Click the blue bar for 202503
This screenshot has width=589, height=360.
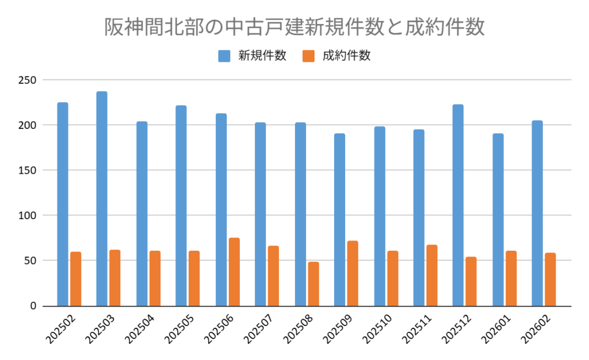(102, 198)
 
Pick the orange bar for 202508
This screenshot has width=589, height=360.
(313, 284)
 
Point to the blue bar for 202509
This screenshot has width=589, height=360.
(339, 220)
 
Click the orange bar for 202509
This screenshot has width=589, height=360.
(353, 273)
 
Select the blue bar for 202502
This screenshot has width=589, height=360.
(63, 204)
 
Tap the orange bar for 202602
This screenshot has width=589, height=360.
(550, 279)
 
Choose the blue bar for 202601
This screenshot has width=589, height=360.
(498, 220)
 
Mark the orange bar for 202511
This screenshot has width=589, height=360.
(432, 275)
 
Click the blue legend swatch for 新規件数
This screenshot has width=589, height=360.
(224, 56)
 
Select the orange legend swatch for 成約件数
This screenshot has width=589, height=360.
(309, 56)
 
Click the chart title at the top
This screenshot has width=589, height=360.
(294, 27)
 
